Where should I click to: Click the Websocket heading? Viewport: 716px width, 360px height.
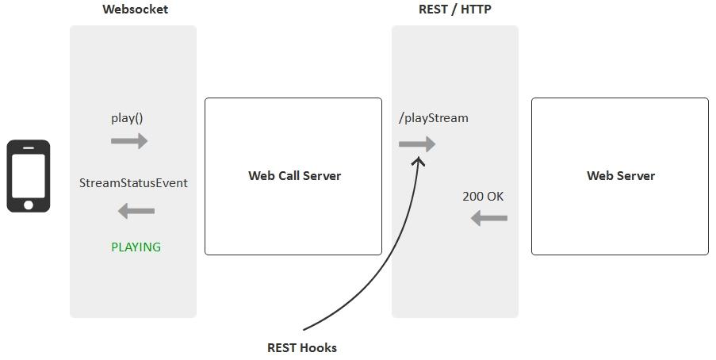pos(135,10)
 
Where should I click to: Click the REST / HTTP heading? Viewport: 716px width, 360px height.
pos(455,10)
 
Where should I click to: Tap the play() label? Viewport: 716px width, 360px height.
pos(127,118)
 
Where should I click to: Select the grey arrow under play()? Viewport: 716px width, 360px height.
pos(129,141)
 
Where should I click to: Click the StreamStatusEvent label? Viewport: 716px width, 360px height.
pos(133,183)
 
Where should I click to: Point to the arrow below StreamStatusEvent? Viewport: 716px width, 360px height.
pos(136,211)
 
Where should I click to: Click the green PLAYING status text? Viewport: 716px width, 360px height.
pos(136,247)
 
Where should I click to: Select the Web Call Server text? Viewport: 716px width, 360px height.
pos(294,176)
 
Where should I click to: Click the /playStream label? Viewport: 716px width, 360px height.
pos(434,118)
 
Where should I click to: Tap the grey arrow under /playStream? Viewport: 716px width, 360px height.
pos(417,144)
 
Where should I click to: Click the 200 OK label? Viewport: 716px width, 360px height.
pos(483,197)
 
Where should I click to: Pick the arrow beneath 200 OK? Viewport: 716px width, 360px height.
pos(488,218)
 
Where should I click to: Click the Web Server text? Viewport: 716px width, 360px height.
pos(621,176)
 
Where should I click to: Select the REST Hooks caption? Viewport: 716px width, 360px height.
pos(301,347)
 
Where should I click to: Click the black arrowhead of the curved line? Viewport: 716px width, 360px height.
pos(419,161)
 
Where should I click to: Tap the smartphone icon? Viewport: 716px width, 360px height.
pos(29,176)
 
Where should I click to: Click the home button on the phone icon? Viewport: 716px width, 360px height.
pos(29,205)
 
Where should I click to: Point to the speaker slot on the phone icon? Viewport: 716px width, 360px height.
pos(29,147)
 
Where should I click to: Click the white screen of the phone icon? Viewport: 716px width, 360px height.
pos(29,176)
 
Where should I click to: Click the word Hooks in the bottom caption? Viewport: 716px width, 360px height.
pos(318,347)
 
